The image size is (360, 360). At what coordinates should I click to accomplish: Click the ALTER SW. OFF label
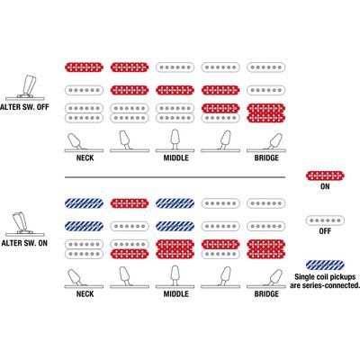(x=24, y=107)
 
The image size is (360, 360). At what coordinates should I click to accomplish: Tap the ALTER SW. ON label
(x=24, y=243)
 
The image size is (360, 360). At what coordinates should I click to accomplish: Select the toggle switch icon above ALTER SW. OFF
(x=25, y=87)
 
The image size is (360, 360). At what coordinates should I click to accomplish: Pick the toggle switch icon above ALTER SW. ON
(x=25, y=224)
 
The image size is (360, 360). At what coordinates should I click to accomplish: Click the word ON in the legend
(x=325, y=186)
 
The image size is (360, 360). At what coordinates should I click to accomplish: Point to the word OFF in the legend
(x=325, y=231)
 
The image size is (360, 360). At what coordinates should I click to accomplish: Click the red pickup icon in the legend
(x=325, y=175)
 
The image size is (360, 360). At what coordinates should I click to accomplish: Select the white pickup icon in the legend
(x=325, y=220)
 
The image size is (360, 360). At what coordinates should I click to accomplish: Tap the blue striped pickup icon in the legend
(x=325, y=265)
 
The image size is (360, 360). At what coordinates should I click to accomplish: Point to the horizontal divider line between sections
(x=175, y=177)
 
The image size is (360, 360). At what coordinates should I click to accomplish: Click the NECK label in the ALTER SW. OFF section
(x=85, y=157)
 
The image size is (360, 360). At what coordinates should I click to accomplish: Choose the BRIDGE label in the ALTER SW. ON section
(x=266, y=293)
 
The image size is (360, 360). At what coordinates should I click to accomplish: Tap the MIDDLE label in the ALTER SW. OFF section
(x=175, y=157)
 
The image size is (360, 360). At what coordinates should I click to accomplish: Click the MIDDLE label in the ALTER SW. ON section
(x=175, y=293)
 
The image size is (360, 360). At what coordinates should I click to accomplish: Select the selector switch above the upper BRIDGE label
(x=265, y=143)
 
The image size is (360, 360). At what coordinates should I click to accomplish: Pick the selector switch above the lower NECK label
(x=84, y=279)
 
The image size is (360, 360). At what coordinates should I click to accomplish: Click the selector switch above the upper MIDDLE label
(x=175, y=141)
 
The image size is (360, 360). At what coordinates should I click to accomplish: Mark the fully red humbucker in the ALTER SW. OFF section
(x=265, y=113)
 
